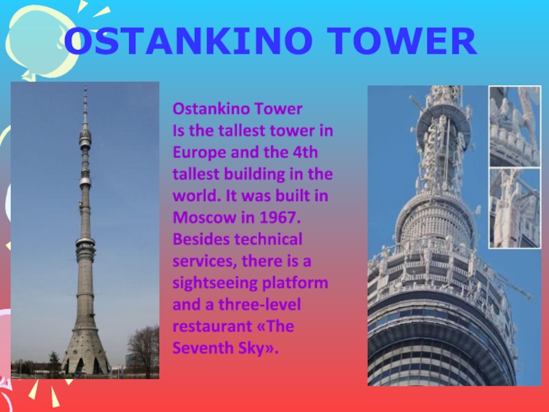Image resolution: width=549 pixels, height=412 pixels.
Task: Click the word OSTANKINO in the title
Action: click(x=188, y=41)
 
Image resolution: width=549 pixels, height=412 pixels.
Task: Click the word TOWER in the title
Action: click(x=403, y=41)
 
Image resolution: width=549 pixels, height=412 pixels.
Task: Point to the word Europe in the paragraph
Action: click(x=199, y=152)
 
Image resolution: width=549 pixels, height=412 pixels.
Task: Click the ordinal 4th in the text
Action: click(x=305, y=152)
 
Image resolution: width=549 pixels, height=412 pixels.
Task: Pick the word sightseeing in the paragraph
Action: click(x=215, y=283)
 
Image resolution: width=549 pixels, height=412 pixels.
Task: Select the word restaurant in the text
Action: click(x=213, y=327)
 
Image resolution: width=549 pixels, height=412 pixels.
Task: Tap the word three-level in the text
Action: click(x=259, y=304)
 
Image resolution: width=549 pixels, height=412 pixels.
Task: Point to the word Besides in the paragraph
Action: click(x=201, y=239)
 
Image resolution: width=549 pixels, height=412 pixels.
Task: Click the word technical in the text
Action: click(x=268, y=239)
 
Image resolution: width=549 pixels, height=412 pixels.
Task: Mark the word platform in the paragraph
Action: click(x=295, y=283)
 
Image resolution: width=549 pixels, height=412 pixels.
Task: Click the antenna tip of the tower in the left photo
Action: click(x=85, y=86)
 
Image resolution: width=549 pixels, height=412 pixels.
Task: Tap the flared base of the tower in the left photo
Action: click(x=85, y=350)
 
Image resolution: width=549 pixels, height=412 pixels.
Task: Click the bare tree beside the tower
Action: click(x=143, y=350)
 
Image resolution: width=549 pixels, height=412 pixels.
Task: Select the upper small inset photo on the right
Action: click(x=515, y=126)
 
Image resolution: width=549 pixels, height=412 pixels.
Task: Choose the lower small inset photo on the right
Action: click(x=515, y=208)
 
